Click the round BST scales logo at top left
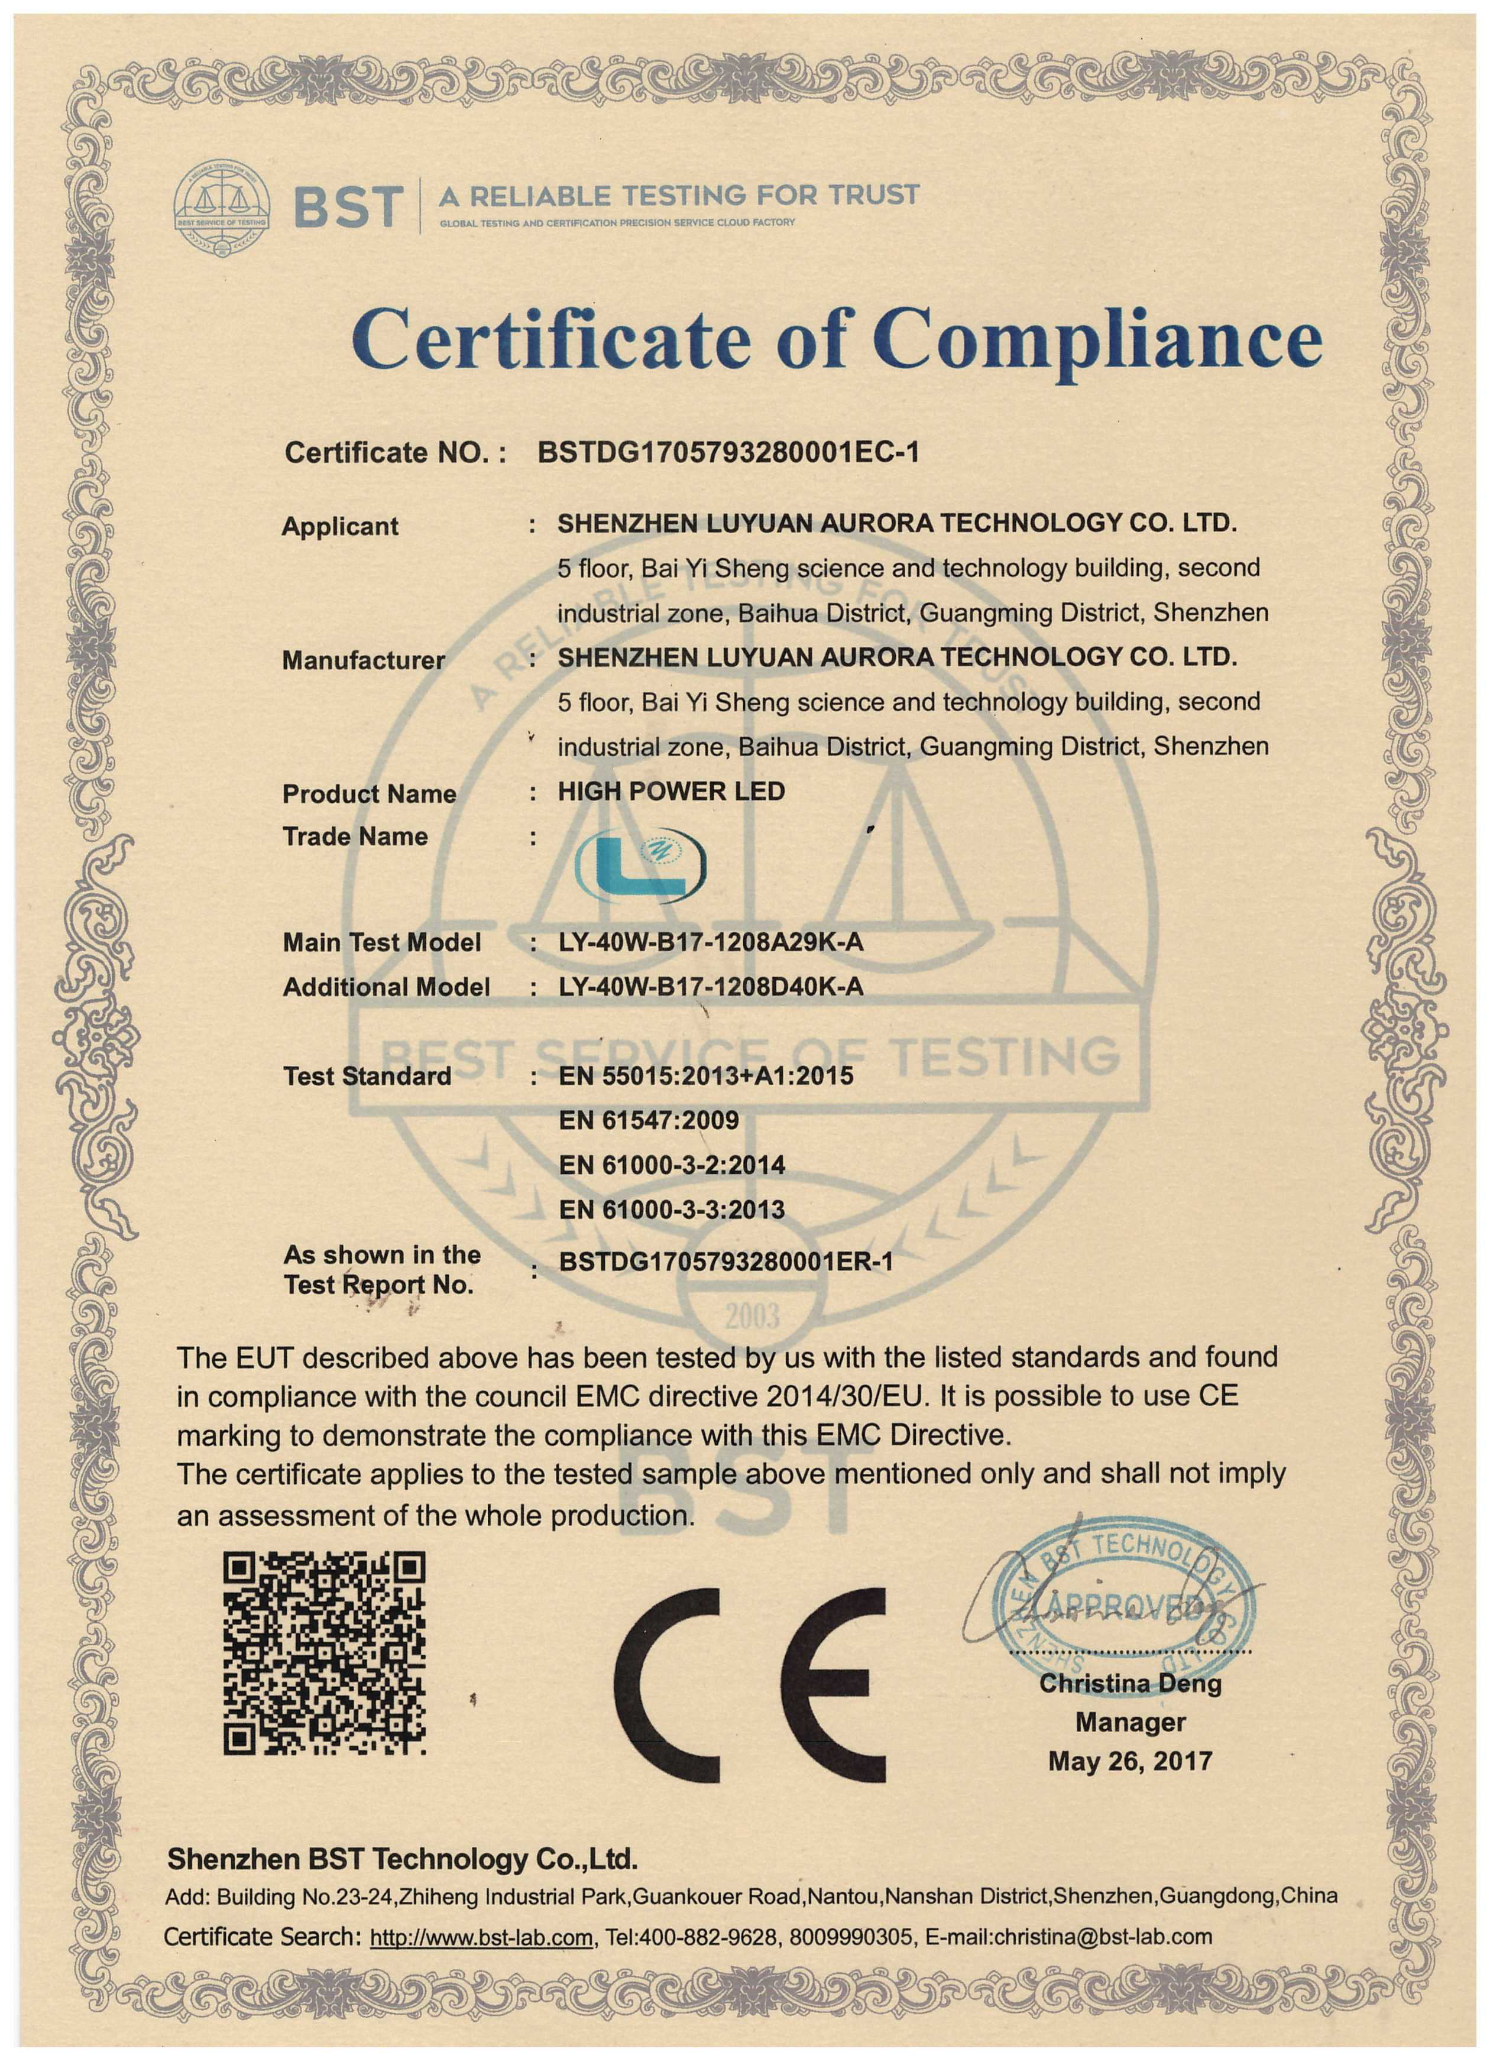[222, 208]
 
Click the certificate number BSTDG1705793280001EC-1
[728, 452]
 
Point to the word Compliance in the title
[1096, 338]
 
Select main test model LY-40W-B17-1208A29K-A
[711, 942]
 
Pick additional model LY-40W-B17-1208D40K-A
[711, 987]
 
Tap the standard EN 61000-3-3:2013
[671, 1209]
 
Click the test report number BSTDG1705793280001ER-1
[725, 1261]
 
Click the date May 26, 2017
[1130, 1761]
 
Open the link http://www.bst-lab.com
[481, 1937]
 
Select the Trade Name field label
[355, 837]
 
